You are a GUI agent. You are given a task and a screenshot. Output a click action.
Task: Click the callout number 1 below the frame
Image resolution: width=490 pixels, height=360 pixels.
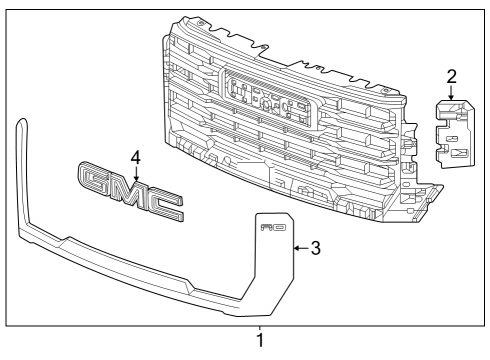(261, 341)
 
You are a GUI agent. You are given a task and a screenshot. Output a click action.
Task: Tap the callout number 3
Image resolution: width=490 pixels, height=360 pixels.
(315, 246)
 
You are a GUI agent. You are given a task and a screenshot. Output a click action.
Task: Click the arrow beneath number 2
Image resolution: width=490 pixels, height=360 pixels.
(450, 92)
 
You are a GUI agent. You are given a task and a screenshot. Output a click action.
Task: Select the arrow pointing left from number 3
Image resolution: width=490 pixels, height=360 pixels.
(299, 246)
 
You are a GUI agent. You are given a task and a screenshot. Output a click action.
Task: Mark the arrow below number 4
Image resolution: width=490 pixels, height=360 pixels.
(136, 171)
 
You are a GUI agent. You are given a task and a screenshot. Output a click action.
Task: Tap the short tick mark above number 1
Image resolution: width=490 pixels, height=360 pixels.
(261, 328)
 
